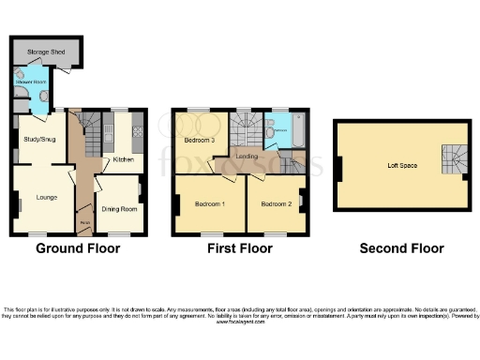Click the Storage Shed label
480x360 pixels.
pos(45,51)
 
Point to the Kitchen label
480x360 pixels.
pos(124,159)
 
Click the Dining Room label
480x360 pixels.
pos(120,209)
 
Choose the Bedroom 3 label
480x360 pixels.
pos(199,141)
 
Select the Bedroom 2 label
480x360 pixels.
pos(277,203)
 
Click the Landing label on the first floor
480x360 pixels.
pos(247,157)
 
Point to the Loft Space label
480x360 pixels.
pos(402,165)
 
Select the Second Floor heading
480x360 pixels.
pos(402,248)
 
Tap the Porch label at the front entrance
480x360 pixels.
pos(84,222)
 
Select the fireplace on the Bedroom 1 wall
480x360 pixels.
pos(177,202)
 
